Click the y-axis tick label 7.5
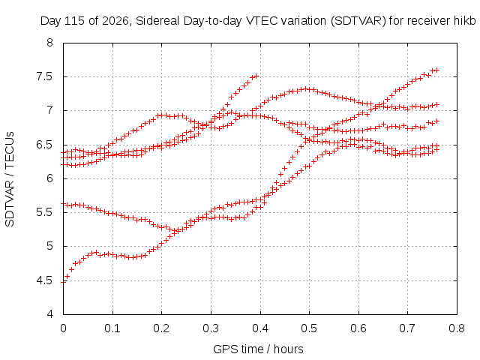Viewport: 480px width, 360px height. pos(44,76)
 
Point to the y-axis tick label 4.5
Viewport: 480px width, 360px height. pos(44,280)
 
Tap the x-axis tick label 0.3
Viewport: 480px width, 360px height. pos(211,328)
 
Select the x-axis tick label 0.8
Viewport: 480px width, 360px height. pos(457,328)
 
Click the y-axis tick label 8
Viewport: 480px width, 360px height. pos(49,43)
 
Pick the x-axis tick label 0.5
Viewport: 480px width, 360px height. pos(309,328)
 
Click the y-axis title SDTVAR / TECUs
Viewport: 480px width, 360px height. pos(10,179)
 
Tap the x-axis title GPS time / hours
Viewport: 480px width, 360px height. pos(258,349)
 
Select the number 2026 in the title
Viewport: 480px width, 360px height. pos(115,21)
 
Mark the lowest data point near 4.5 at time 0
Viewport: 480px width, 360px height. pos(63,282)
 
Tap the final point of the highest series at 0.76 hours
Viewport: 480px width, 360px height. pos(437,70)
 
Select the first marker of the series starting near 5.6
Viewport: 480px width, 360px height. pos(63,203)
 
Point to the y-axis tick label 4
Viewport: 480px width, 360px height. pos(49,314)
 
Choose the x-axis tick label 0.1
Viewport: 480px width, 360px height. pos(112,328)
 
